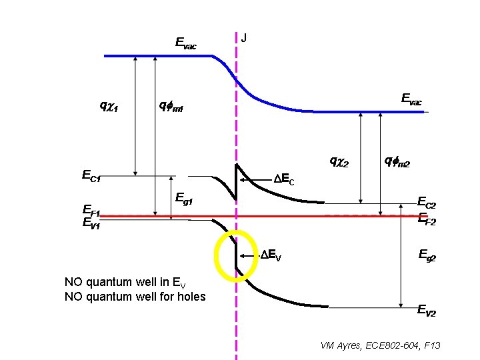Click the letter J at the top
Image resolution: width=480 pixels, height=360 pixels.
pyautogui.click(x=243, y=38)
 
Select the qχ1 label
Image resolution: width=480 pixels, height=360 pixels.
pyautogui.click(x=109, y=105)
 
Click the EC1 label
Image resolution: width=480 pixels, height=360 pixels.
pyautogui.click(x=91, y=177)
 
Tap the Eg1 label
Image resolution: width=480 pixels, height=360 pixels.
pyautogui.click(x=183, y=198)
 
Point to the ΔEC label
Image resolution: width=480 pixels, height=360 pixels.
pyautogui.click(x=284, y=179)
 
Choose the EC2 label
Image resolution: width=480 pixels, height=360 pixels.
pyautogui.click(x=426, y=201)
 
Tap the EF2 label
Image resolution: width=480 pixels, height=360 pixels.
pyautogui.click(x=426, y=221)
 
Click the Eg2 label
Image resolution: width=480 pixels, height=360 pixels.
pyautogui.click(x=427, y=255)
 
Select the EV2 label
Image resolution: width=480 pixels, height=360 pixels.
pyautogui.click(x=427, y=311)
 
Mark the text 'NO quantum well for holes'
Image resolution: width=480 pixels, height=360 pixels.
pyautogui.click(x=135, y=296)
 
